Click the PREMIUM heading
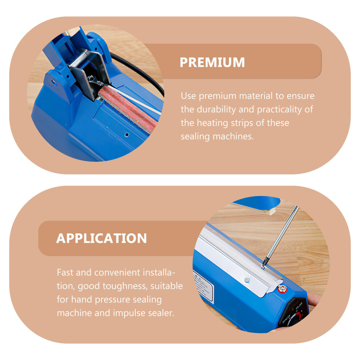click(212, 63)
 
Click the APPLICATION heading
click(101, 238)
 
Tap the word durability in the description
click(216, 109)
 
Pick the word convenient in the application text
click(117, 272)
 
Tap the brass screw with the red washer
click(283, 288)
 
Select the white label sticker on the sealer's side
click(203, 286)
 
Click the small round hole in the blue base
click(127, 135)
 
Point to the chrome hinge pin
click(79, 58)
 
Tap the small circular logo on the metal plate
click(247, 280)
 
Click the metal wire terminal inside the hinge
click(95, 80)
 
